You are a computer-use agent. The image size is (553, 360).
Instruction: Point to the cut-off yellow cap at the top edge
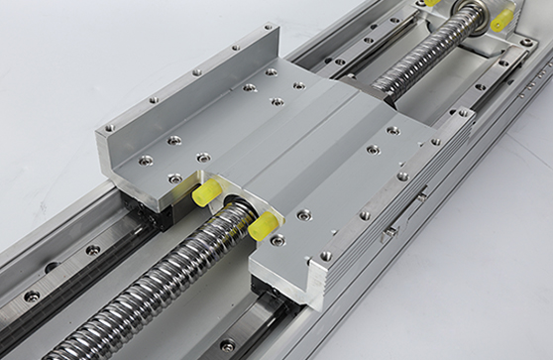pos(432,3)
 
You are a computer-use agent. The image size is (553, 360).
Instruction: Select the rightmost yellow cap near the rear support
pos(501,17)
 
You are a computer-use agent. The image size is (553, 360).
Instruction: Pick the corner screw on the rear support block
pos(528,43)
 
